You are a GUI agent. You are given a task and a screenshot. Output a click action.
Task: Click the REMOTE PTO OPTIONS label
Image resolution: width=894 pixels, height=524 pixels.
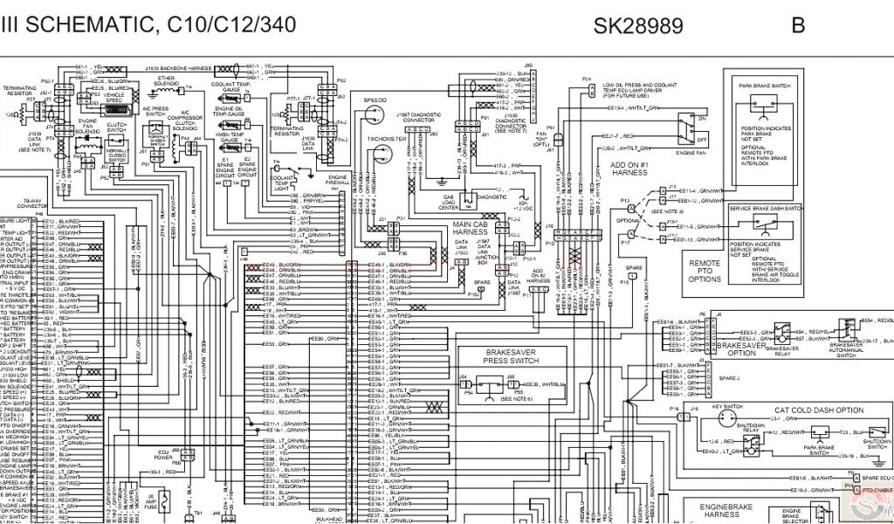[x=705, y=270]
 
